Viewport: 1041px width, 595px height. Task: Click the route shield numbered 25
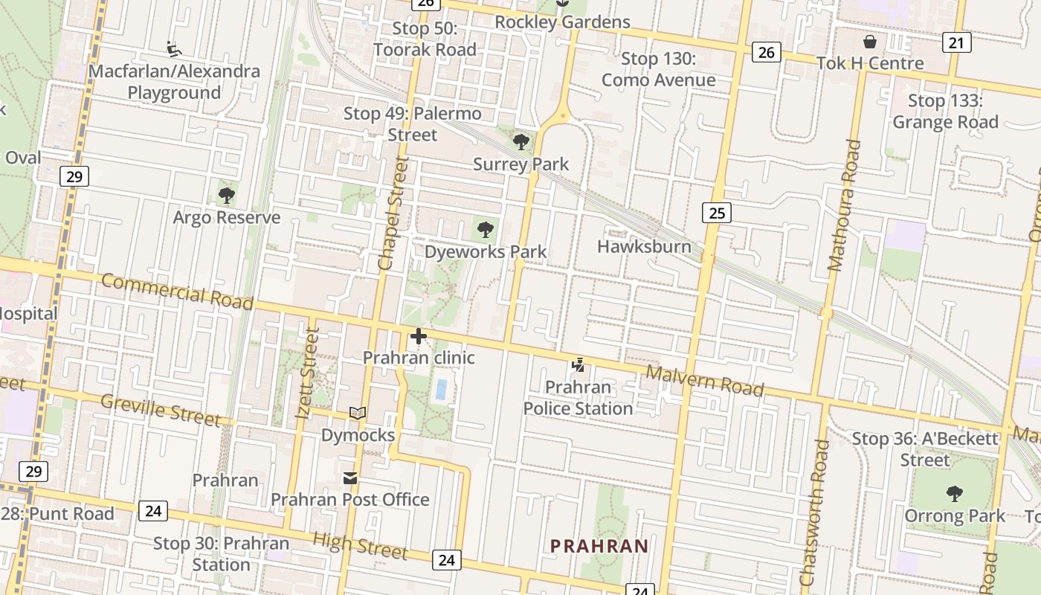716,213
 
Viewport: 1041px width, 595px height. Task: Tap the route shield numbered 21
955,43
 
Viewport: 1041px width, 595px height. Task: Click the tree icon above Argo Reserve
227,196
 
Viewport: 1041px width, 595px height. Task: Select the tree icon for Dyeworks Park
486,230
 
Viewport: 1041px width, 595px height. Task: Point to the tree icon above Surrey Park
521,141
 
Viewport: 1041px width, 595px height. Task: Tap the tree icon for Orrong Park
954,493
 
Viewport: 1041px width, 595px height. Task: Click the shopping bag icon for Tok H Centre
870,42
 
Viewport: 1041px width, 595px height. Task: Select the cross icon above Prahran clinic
419,336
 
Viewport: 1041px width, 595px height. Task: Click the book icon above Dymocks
358,413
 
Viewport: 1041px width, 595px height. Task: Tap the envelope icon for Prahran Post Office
349,478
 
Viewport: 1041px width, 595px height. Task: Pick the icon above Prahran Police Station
578,365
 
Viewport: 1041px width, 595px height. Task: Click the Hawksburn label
644,246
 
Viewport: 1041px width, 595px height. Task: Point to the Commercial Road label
177,291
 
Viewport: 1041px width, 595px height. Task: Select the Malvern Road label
704,380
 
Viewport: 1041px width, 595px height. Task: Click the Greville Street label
160,411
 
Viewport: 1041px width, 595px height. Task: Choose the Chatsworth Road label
811,513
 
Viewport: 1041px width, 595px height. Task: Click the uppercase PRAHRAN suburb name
599,546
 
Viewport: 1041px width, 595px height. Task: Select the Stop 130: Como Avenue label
658,69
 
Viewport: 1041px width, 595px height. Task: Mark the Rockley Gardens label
562,22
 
